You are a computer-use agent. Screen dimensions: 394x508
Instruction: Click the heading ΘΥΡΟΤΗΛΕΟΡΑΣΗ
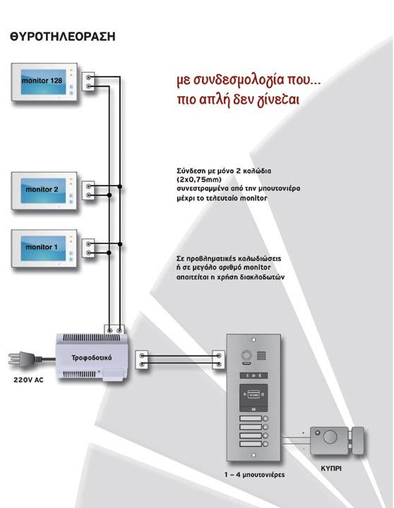(x=63, y=36)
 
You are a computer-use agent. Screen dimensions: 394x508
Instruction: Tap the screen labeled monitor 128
(x=44, y=82)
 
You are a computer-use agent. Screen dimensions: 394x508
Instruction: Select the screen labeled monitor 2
(x=44, y=190)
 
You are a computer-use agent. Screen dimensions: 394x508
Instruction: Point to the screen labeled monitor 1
(x=44, y=248)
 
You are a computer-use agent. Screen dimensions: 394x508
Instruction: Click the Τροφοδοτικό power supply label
(x=92, y=358)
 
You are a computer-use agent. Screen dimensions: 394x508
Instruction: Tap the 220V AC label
(x=28, y=380)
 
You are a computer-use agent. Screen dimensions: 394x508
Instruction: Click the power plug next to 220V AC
(x=25, y=359)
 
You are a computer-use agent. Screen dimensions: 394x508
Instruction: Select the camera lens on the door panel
(x=246, y=356)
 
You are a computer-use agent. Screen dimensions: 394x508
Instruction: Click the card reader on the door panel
(x=253, y=398)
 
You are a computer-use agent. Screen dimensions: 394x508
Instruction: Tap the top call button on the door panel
(x=253, y=418)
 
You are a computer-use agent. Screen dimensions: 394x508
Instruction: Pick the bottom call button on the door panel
(x=253, y=444)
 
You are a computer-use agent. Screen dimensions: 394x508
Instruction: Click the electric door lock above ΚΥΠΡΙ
(x=337, y=440)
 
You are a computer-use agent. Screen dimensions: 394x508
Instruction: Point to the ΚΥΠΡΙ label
(x=331, y=468)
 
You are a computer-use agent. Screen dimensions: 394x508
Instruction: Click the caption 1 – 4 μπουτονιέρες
(x=255, y=475)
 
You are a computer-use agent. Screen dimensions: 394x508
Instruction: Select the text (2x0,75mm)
(x=199, y=179)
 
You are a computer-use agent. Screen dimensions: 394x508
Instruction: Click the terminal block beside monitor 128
(x=88, y=82)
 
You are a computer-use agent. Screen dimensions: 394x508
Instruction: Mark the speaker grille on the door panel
(x=262, y=356)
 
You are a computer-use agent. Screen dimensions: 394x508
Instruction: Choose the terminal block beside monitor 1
(x=88, y=248)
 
